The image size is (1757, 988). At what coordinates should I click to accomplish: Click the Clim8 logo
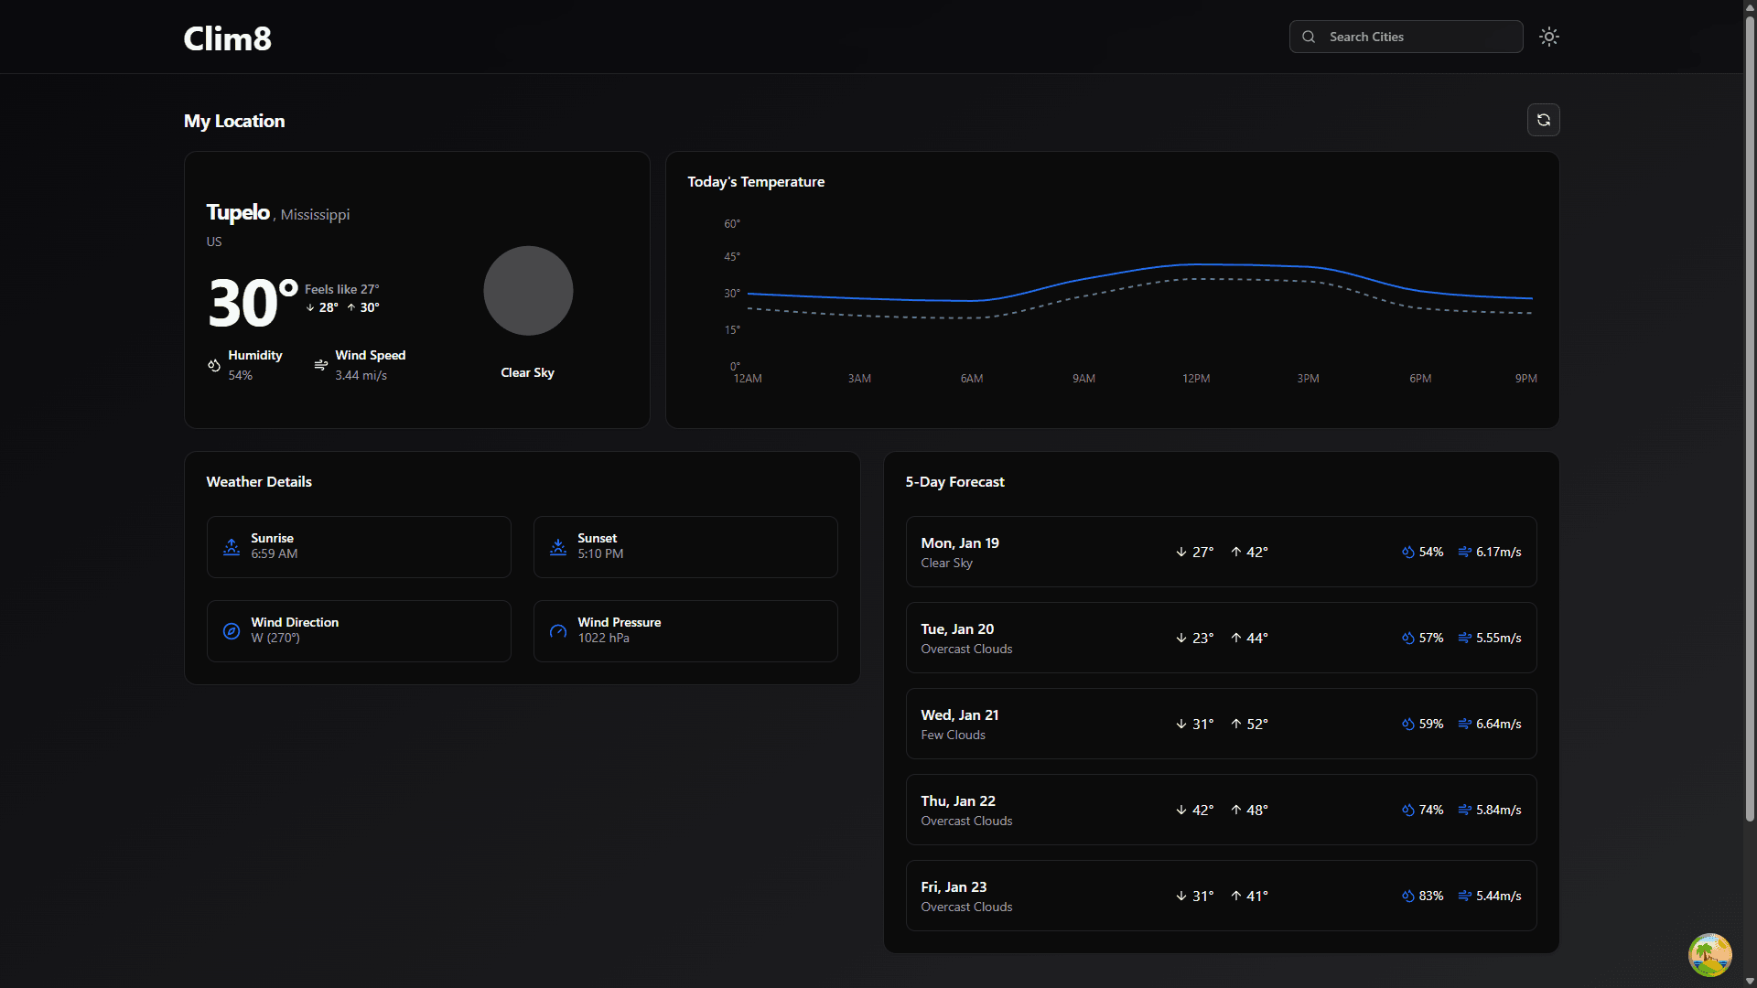click(x=227, y=38)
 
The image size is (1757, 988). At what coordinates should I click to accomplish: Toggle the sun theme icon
click(x=1548, y=37)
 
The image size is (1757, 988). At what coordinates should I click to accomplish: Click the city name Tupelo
click(x=238, y=212)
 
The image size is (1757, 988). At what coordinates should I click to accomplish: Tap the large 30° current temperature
click(x=252, y=304)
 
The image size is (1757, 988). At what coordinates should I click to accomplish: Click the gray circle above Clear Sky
click(x=528, y=291)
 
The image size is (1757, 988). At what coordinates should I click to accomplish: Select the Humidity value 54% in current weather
click(x=241, y=375)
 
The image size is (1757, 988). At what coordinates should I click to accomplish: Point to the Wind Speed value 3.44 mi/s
click(x=361, y=375)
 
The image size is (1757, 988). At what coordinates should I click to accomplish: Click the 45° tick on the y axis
click(x=732, y=257)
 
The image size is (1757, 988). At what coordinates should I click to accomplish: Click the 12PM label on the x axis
click(x=1196, y=379)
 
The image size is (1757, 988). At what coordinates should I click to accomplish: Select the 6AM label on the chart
click(x=972, y=379)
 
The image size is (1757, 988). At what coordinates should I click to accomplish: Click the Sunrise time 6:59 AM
click(x=275, y=554)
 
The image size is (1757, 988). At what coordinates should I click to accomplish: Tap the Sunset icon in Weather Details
click(x=558, y=547)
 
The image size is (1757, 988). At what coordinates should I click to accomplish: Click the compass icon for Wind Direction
click(x=232, y=631)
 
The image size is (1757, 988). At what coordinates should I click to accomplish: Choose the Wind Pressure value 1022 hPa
click(x=603, y=639)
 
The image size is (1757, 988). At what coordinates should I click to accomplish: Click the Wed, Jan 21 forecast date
click(x=960, y=715)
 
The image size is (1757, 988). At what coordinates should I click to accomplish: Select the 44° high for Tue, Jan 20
click(x=1256, y=639)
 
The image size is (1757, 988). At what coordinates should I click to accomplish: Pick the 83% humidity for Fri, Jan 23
click(x=1430, y=897)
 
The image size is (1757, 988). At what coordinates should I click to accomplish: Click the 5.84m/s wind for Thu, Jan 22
click(x=1498, y=811)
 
